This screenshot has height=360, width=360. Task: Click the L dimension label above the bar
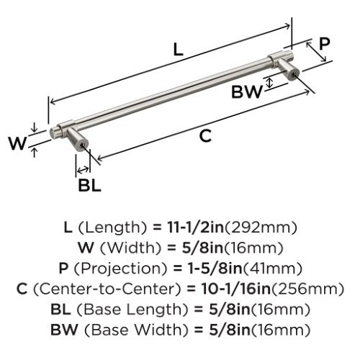178,50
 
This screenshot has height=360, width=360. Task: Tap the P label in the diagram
325,43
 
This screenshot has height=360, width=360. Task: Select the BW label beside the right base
247,91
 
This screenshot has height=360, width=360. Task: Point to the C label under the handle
205,136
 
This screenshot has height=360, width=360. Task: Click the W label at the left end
17,143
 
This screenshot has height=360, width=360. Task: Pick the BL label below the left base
89,185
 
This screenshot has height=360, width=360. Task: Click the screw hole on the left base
82,145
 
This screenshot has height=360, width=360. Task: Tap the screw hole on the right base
293,75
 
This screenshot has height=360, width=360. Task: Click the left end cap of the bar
52,134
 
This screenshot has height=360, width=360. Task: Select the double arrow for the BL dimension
83,170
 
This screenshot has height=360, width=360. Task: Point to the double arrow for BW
270,83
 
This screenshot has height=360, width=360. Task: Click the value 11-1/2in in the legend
196,228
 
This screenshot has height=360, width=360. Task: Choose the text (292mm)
261,228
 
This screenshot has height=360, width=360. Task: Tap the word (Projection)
120,269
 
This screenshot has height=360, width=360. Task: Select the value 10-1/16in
236,289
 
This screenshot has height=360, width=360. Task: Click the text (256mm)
307,289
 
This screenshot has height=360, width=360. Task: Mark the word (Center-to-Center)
107,289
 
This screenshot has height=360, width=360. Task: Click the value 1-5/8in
214,269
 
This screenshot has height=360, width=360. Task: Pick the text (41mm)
273,269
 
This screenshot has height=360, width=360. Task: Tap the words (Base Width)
137,330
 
